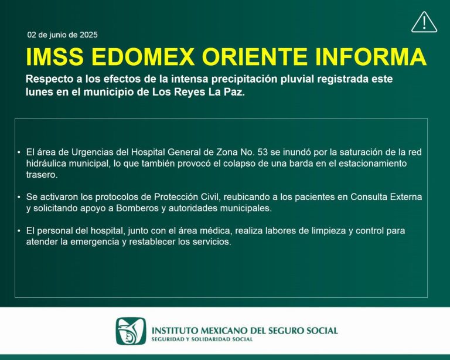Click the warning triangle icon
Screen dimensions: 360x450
click(x=424, y=22)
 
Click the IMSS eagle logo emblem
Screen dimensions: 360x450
click(x=131, y=331)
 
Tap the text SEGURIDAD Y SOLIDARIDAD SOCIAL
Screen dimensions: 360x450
click(x=202, y=339)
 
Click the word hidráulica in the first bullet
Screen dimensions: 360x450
click(x=47, y=163)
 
